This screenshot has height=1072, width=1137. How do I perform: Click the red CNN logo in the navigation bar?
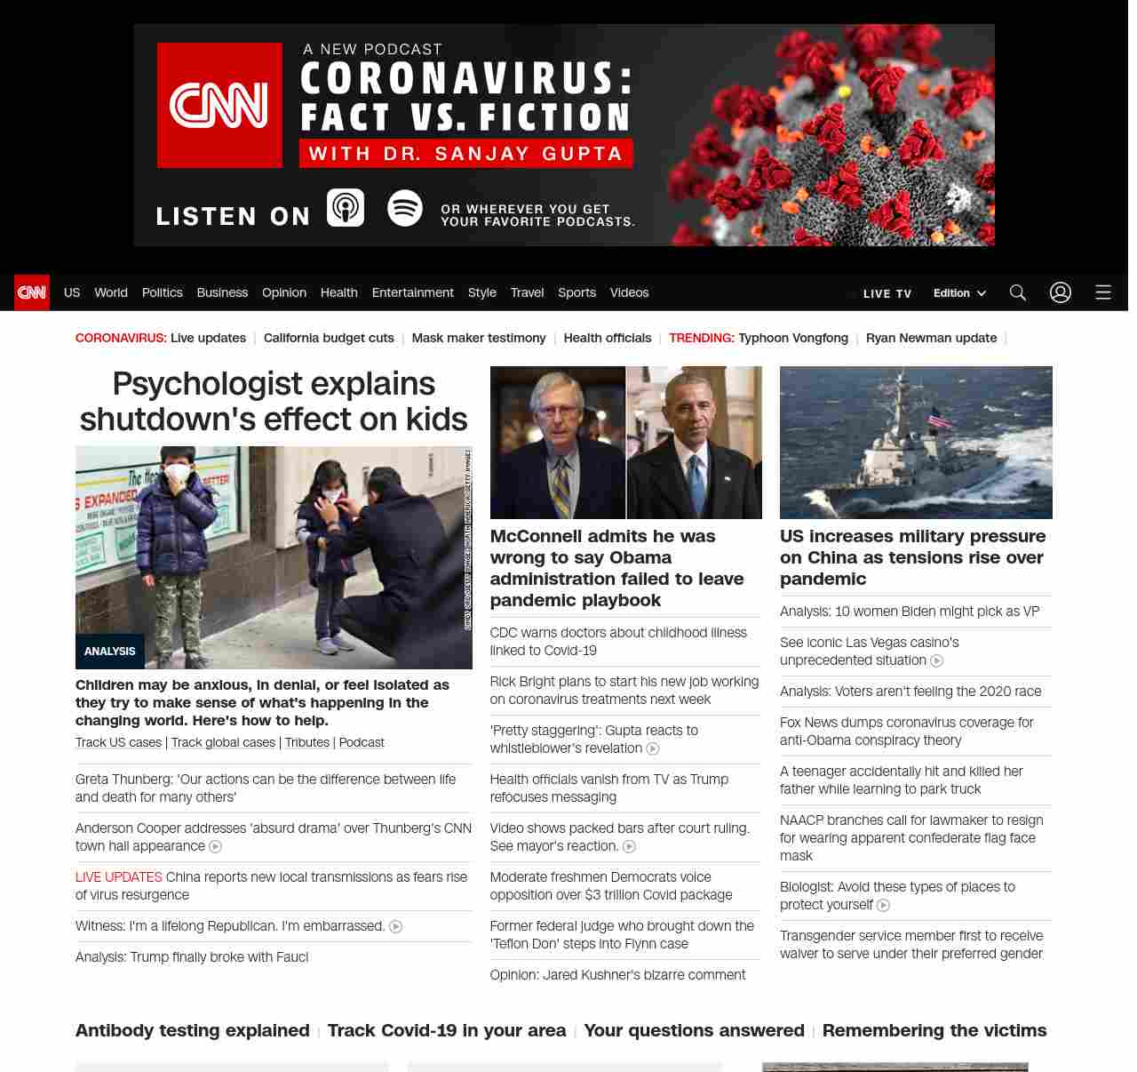[32, 292]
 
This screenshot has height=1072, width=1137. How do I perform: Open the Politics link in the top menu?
[162, 292]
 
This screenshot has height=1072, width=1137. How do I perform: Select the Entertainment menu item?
[412, 292]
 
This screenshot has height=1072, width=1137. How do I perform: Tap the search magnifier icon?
[1018, 292]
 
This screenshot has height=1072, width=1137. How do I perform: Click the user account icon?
[1061, 292]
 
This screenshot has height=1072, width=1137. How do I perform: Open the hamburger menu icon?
[1103, 292]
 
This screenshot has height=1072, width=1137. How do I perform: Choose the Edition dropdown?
[959, 293]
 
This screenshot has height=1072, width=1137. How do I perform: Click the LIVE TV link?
[887, 293]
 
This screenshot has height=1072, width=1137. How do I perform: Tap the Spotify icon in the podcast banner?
[405, 208]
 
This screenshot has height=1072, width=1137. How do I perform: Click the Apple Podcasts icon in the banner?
[346, 208]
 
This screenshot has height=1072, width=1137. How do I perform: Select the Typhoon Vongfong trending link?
[792, 338]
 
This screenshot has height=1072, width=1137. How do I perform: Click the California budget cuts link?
[329, 338]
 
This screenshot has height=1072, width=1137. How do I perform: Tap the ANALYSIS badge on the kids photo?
[109, 652]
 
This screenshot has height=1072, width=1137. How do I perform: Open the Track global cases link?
[223, 742]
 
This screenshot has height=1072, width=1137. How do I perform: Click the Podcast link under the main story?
[362, 742]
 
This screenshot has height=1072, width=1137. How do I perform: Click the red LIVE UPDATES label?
[119, 877]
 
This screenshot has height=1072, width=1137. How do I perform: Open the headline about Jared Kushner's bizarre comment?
[617, 975]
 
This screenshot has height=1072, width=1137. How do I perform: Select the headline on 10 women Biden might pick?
[910, 612]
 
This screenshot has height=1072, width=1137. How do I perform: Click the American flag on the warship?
[940, 419]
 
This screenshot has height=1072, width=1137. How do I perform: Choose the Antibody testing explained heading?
[193, 1030]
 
